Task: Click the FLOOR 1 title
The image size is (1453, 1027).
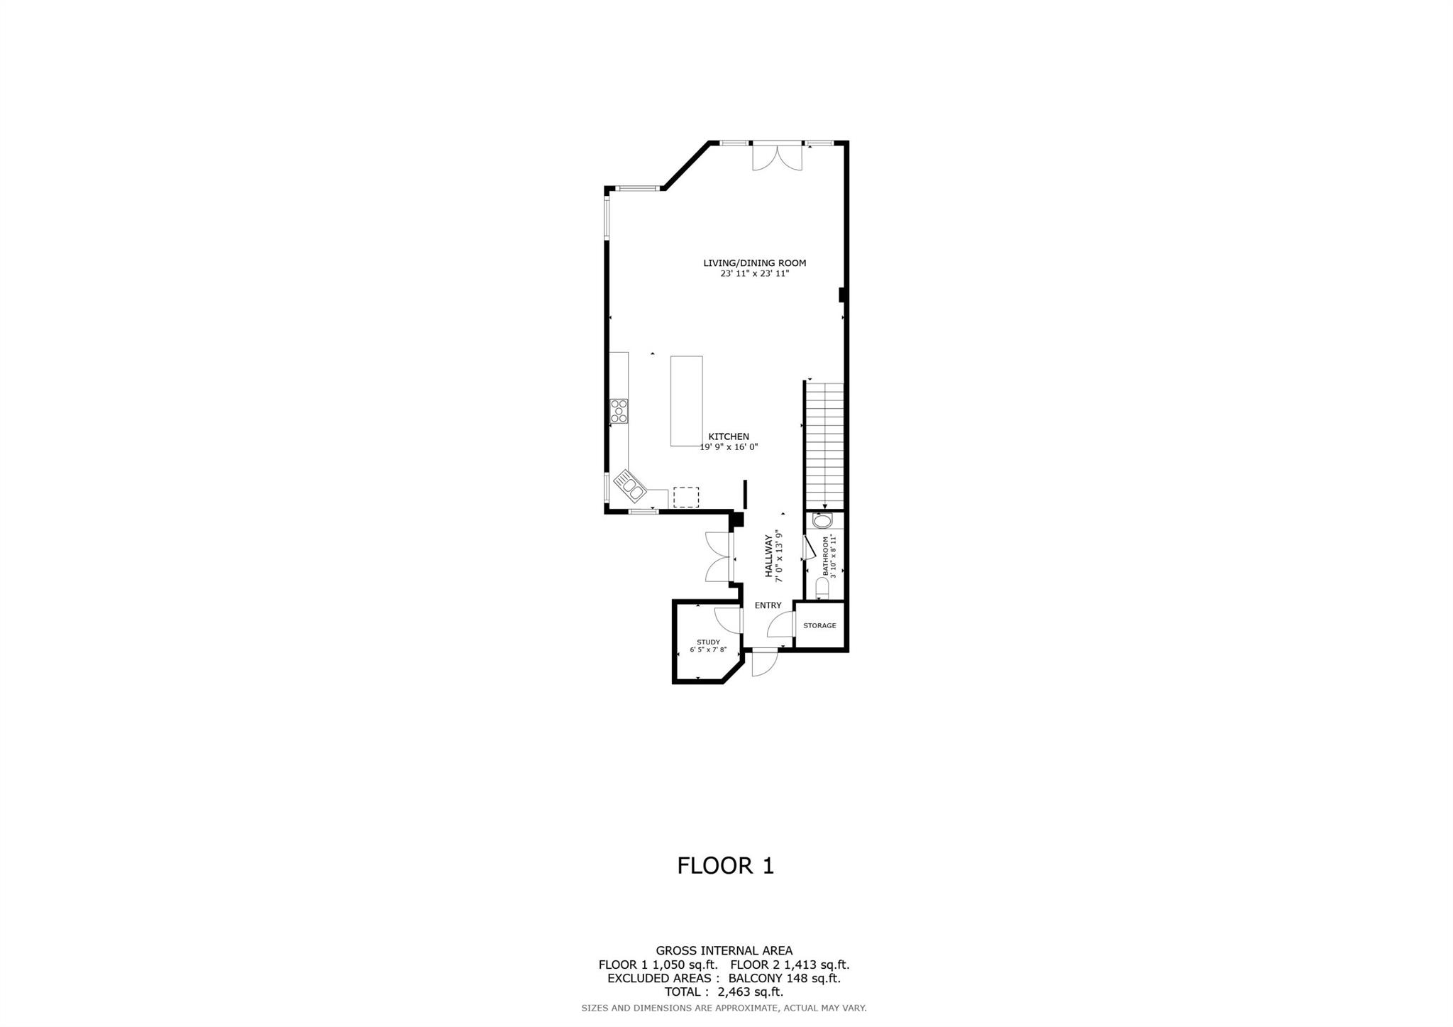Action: click(725, 866)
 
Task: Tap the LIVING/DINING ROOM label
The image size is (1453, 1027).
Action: click(754, 263)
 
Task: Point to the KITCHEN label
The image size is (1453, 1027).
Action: click(729, 437)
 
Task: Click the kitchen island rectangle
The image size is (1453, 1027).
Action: click(686, 401)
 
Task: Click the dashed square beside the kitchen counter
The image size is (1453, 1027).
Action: click(685, 497)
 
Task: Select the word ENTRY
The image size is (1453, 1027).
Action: click(768, 605)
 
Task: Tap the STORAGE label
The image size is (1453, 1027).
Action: click(819, 626)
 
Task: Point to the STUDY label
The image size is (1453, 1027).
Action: click(708, 642)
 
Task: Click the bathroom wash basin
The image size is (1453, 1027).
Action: click(823, 522)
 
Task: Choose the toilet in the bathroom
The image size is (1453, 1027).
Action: click(822, 588)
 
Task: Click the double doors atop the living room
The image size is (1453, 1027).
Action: click(778, 157)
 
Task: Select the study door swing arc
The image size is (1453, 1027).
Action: click(726, 619)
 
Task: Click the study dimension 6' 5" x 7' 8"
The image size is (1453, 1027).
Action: click(708, 650)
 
